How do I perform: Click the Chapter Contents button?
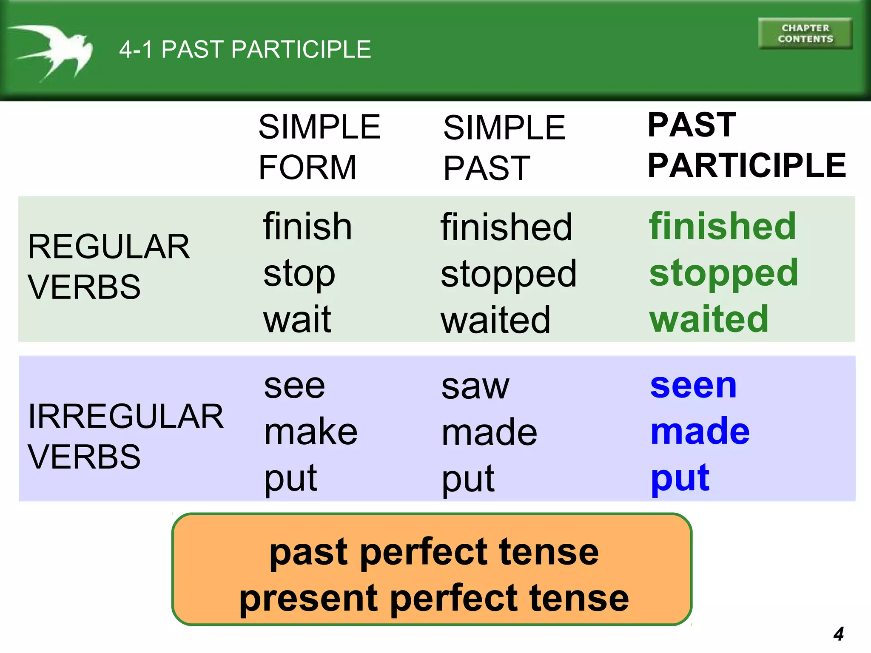point(805,34)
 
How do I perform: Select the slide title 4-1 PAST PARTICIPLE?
point(245,49)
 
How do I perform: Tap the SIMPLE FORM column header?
point(319,147)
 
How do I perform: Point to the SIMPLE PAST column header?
point(504,148)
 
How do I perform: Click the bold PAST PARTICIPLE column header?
point(746,145)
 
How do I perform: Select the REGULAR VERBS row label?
point(108,267)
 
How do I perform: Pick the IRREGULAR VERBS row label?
point(125,436)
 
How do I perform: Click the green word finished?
point(722,226)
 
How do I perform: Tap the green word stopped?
point(723,273)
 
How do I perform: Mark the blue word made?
point(700,432)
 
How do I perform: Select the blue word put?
point(680,478)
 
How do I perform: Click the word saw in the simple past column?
point(475,387)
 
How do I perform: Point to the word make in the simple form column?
point(310,432)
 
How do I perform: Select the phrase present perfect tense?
point(434,599)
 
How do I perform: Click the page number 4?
point(838,634)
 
